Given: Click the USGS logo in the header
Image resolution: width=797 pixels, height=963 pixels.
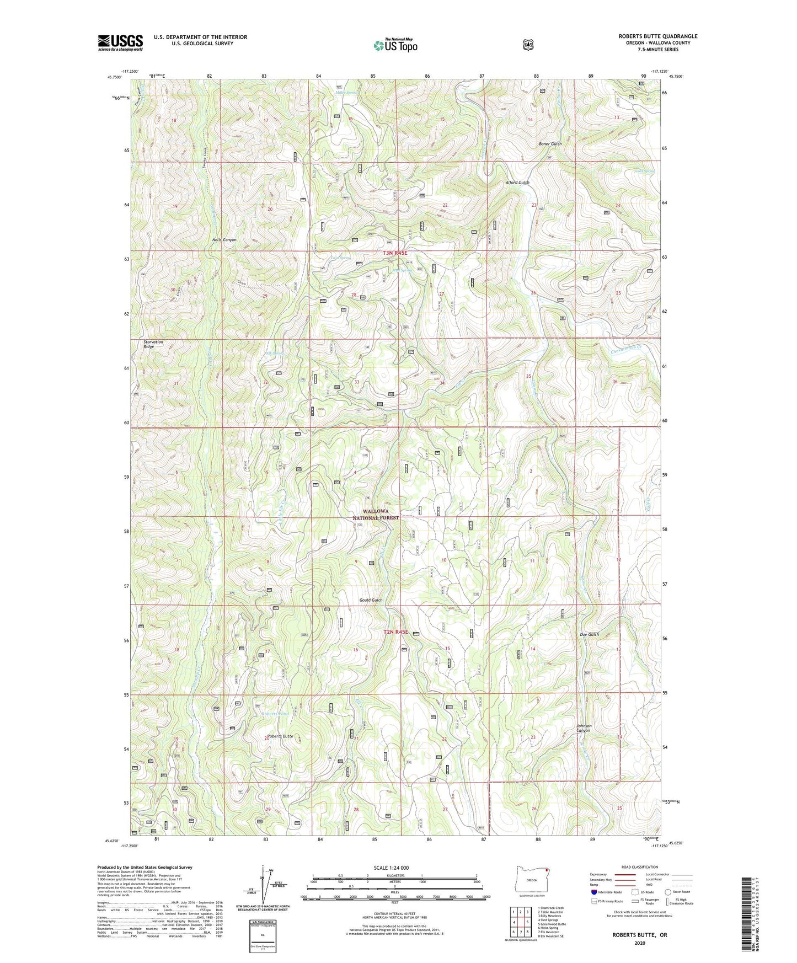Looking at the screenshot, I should click(x=120, y=42).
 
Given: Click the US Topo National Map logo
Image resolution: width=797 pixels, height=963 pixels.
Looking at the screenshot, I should click(x=395, y=45).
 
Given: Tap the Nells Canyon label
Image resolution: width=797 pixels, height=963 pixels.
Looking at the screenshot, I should click(x=224, y=240).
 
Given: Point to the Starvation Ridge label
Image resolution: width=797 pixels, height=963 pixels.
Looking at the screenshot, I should click(x=153, y=344).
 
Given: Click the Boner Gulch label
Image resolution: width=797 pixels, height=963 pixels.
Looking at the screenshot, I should click(x=550, y=144).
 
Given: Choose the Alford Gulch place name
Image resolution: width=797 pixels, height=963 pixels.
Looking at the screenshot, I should click(x=517, y=183).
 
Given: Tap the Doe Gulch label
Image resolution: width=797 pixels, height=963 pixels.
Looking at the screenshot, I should click(x=589, y=634).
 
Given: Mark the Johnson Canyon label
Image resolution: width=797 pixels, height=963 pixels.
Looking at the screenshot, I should click(x=584, y=728).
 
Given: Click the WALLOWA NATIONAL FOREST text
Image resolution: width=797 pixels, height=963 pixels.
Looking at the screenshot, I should click(x=376, y=515).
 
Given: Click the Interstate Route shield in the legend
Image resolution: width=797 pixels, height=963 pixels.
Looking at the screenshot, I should click(x=593, y=891).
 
